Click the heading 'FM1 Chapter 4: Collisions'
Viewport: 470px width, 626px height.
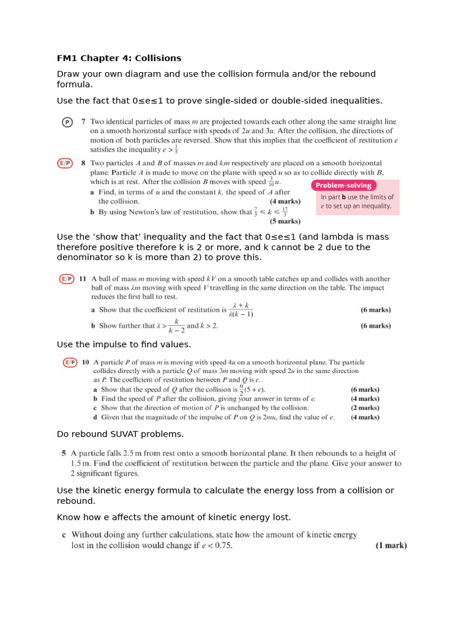click(119, 58)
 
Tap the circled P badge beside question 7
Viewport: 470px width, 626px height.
click(67, 122)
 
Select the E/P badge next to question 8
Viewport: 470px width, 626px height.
click(65, 163)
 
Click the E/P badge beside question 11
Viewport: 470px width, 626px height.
click(66, 279)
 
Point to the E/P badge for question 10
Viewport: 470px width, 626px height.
click(70, 362)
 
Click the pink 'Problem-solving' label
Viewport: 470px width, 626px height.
click(343, 185)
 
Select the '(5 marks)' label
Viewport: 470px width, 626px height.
click(285, 221)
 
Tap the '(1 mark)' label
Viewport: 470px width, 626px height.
click(390, 545)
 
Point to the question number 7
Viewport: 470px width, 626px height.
click(83, 122)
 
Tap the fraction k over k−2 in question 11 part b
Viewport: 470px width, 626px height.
click(176, 325)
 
